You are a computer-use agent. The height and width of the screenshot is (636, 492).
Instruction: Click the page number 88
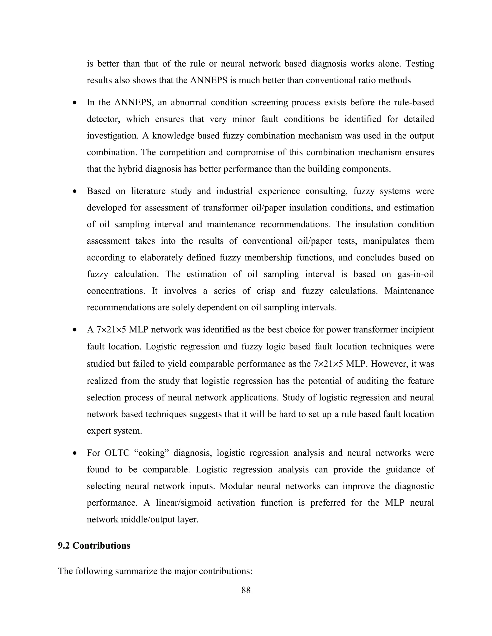[246, 590]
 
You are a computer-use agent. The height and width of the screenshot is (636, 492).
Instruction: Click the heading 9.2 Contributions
[94, 546]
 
